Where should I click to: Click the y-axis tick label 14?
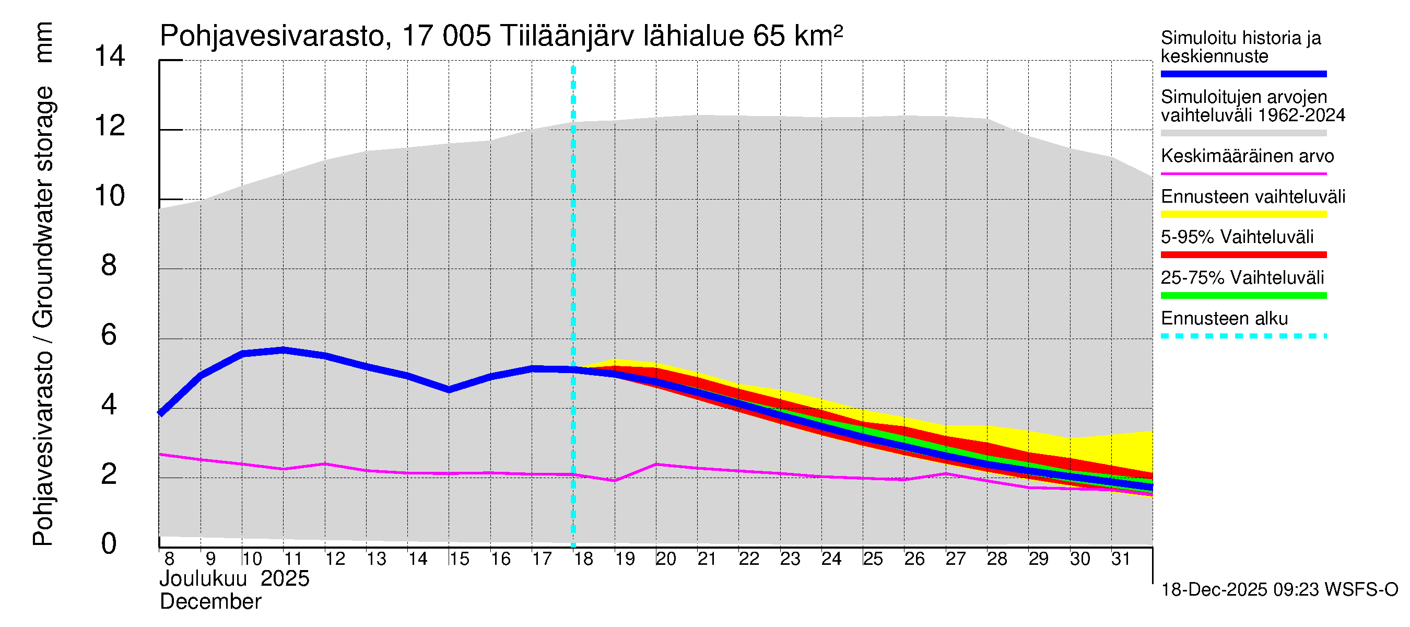click(x=110, y=56)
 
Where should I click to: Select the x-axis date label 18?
click(x=583, y=559)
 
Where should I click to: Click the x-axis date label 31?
click(x=1121, y=559)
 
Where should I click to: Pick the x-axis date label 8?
click(x=169, y=559)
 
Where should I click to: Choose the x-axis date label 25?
click(x=873, y=559)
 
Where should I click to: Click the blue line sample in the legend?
click(x=1243, y=74)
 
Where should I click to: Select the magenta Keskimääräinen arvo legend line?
click(x=1243, y=173)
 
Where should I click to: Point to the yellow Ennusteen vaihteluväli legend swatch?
click(x=1243, y=214)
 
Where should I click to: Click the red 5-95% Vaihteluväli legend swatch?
click(x=1243, y=254)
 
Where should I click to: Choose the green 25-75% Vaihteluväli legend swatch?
click(x=1243, y=296)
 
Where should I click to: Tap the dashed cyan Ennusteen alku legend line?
click(x=1243, y=336)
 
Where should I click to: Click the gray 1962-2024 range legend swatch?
click(x=1243, y=133)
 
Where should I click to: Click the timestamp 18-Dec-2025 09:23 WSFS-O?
click(x=1279, y=590)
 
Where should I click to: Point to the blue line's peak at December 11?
click(x=284, y=350)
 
